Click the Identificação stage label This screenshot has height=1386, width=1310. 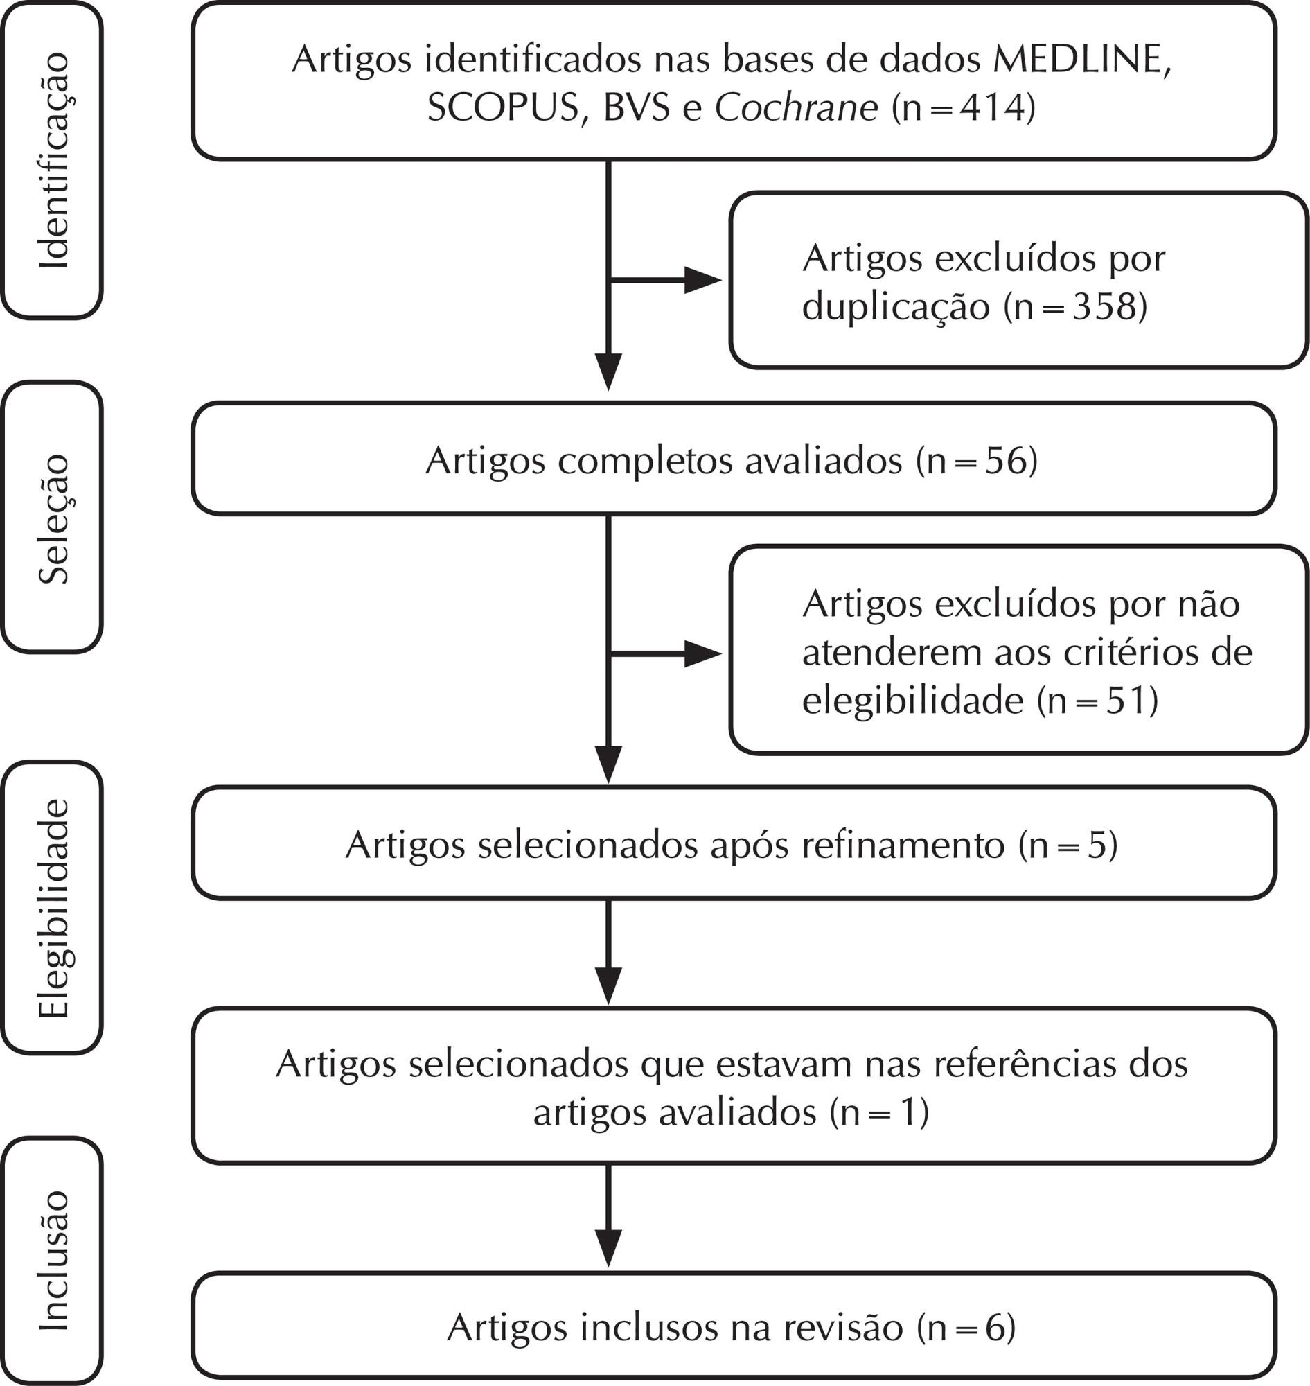pyautogui.click(x=54, y=160)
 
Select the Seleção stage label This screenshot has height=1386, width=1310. pyautogui.click(x=54, y=519)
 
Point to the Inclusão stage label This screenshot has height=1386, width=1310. pyautogui.click(x=54, y=1261)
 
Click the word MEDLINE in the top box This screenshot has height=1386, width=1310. pyautogui.click(x=1081, y=60)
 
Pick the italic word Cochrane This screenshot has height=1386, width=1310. pyautogui.click(x=797, y=108)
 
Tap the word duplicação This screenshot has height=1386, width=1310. pyautogui.click(x=896, y=308)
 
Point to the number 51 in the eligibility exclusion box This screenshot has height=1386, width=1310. pyautogui.click(x=1127, y=701)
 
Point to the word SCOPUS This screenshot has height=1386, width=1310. pyautogui.click(x=504, y=108)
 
